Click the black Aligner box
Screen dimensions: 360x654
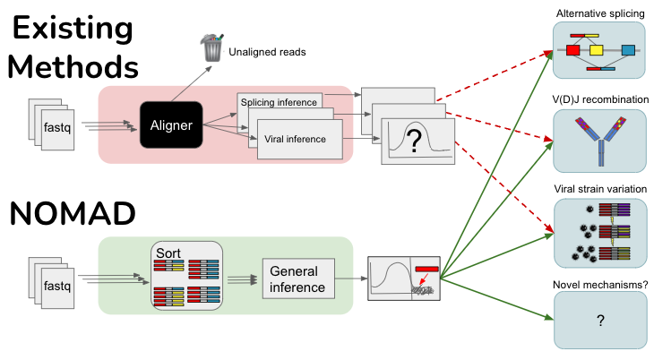(x=170, y=126)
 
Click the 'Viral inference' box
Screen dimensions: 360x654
(x=302, y=139)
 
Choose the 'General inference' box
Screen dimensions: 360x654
(x=298, y=280)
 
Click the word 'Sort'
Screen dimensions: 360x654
(x=168, y=252)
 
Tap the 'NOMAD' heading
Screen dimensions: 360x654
(x=73, y=214)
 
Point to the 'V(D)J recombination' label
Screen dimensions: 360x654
(x=599, y=99)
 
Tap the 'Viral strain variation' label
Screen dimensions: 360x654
(x=599, y=190)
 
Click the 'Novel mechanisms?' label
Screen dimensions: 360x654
(x=599, y=285)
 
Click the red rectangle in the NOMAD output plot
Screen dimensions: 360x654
(x=427, y=269)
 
